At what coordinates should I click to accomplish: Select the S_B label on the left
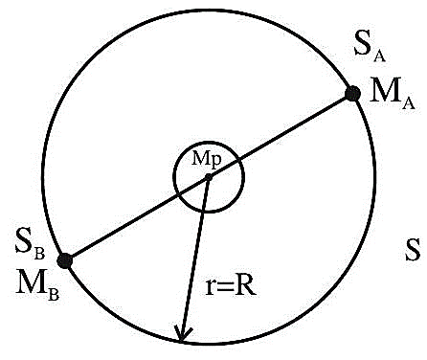pyautogui.click(x=31, y=248)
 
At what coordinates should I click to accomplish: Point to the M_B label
pyautogui.click(x=37, y=285)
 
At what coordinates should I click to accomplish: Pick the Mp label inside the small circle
pyautogui.click(x=206, y=160)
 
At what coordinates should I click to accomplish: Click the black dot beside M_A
pyautogui.click(x=353, y=94)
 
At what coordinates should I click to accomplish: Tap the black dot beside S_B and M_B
pyautogui.click(x=65, y=260)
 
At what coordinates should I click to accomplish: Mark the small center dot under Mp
pyautogui.click(x=209, y=177)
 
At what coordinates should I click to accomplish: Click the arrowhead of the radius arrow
pyautogui.click(x=182, y=334)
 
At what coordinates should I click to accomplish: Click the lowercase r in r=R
pyautogui.click(x=210, y=286)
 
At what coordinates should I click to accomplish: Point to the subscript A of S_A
pyautogui.click(x=379, y=56)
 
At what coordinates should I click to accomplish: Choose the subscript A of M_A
pyautogui.click(x=408, y=103)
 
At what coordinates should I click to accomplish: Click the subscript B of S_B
pyautogui.click(x=39, y=254)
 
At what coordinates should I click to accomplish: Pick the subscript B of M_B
pyautogui.click(x=54, y=295)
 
